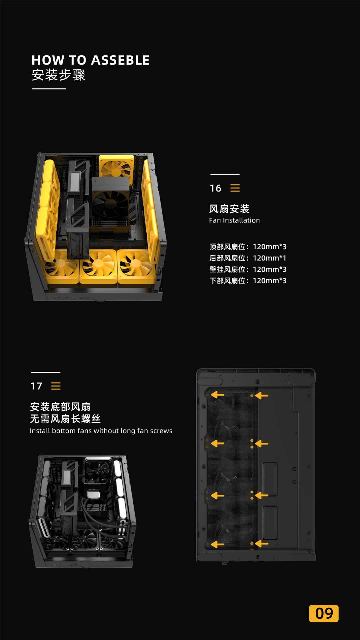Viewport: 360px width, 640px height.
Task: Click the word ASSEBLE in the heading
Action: coord(120,60)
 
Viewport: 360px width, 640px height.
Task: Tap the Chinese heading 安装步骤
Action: coord(59,75)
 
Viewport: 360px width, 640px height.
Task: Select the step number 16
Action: coord(215,188)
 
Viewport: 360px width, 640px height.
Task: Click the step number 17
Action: coord(36,386)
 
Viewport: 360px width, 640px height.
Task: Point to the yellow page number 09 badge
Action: coord(324,613)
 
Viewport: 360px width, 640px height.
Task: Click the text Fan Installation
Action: coord(234,220)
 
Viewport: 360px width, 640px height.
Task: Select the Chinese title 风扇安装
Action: coord(229,209)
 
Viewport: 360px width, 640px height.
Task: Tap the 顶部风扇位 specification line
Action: coord(248,247)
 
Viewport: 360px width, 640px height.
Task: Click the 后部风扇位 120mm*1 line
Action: coord(248,258)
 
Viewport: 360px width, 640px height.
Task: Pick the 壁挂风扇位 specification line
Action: coord(248,270)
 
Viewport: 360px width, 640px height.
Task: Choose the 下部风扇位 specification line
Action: coord(248,281)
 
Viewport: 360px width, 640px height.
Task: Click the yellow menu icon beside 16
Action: coord(235,188)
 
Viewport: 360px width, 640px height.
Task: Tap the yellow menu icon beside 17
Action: coord(56,386)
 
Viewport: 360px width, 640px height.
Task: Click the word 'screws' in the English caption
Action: coord(161,431)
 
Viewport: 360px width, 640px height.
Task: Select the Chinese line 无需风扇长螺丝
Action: coord(65,419)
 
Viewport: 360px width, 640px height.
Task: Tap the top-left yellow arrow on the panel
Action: coord(218,395)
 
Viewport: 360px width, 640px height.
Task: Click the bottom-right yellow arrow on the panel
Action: coord(262,544)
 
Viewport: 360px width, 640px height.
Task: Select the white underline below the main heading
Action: coord(49,89)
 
